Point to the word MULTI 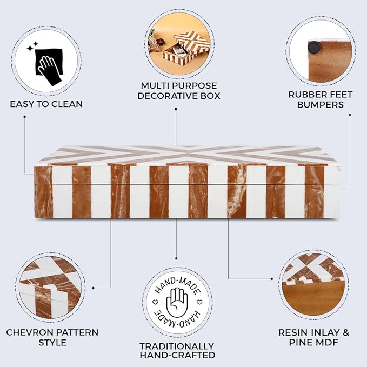pyautogui.click(x=155, y=85)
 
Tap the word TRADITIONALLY pyautogui.click(x=177, y=346)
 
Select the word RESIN pyautogui.click(x=293, y=332)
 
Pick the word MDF pyautogui.click(x=327, y=343)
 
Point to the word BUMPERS pyautogui.click(x=321, y=105)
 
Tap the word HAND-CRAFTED pyautogui.click(x=177, y=355)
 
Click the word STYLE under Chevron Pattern pyautogui.click(x=52, y=343)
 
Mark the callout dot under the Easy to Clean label pyautogui.click(x=24, y=116)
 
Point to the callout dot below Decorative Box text pyautogui.click(x=176, y=109)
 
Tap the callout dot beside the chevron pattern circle pyautogui.click(x=93, y=288)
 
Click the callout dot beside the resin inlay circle pyautogui.click(x=272, y=279)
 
